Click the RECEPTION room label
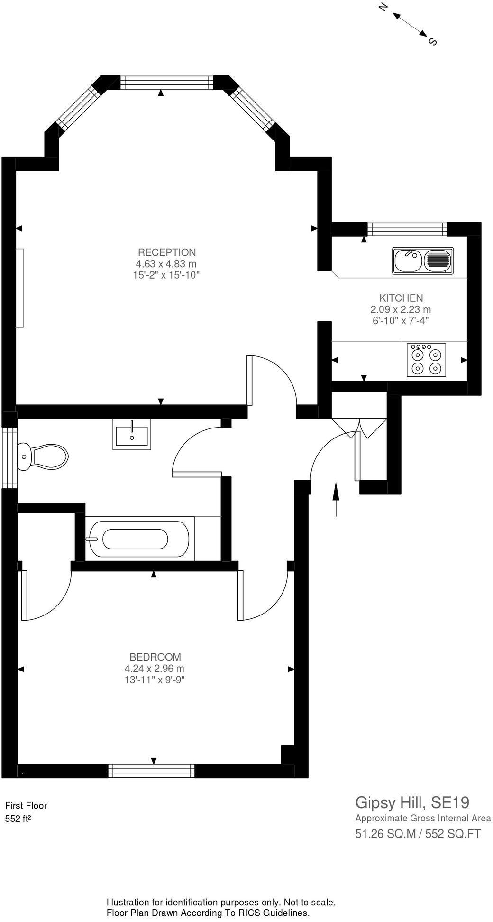coord(166,252)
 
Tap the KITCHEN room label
coord(401,298)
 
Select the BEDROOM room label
coord(155,657)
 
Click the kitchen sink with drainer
coord(422,261)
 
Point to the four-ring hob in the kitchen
coord(426,360)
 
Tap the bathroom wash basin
coord(131,434)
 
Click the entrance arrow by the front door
coord(336,499)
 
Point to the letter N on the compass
coord(383,7)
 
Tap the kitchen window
coord(408,229)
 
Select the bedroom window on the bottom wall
coord(151,771)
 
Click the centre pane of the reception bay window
coord(167,83)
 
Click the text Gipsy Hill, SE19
coord(412,802)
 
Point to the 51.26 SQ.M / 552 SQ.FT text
coord(418,834)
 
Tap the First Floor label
coord(26,805)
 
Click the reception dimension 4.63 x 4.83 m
coord(166,264)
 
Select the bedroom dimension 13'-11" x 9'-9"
coord(154,680)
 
